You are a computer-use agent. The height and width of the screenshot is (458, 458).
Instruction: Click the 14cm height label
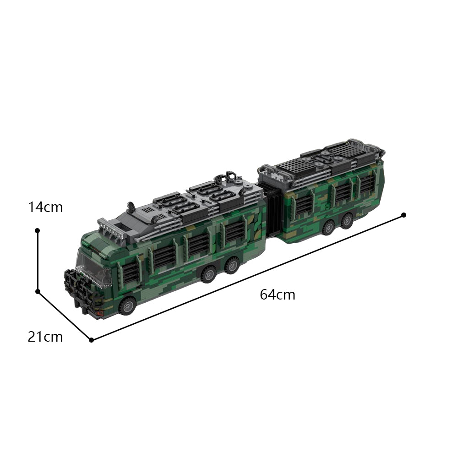[x=45, y=207]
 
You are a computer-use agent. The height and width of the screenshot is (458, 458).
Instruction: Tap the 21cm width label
[x=45, y=337]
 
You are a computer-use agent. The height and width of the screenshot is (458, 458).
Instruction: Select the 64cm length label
[x=278, y=294]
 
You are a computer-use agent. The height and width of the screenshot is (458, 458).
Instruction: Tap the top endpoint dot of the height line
[x=38, y=231]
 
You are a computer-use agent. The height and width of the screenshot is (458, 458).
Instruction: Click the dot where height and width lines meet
[x=38, y=291]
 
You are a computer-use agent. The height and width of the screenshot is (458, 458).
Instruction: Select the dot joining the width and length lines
[x=91, y=340]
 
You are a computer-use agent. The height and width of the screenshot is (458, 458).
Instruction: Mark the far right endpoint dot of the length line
[x=403, y=215]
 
